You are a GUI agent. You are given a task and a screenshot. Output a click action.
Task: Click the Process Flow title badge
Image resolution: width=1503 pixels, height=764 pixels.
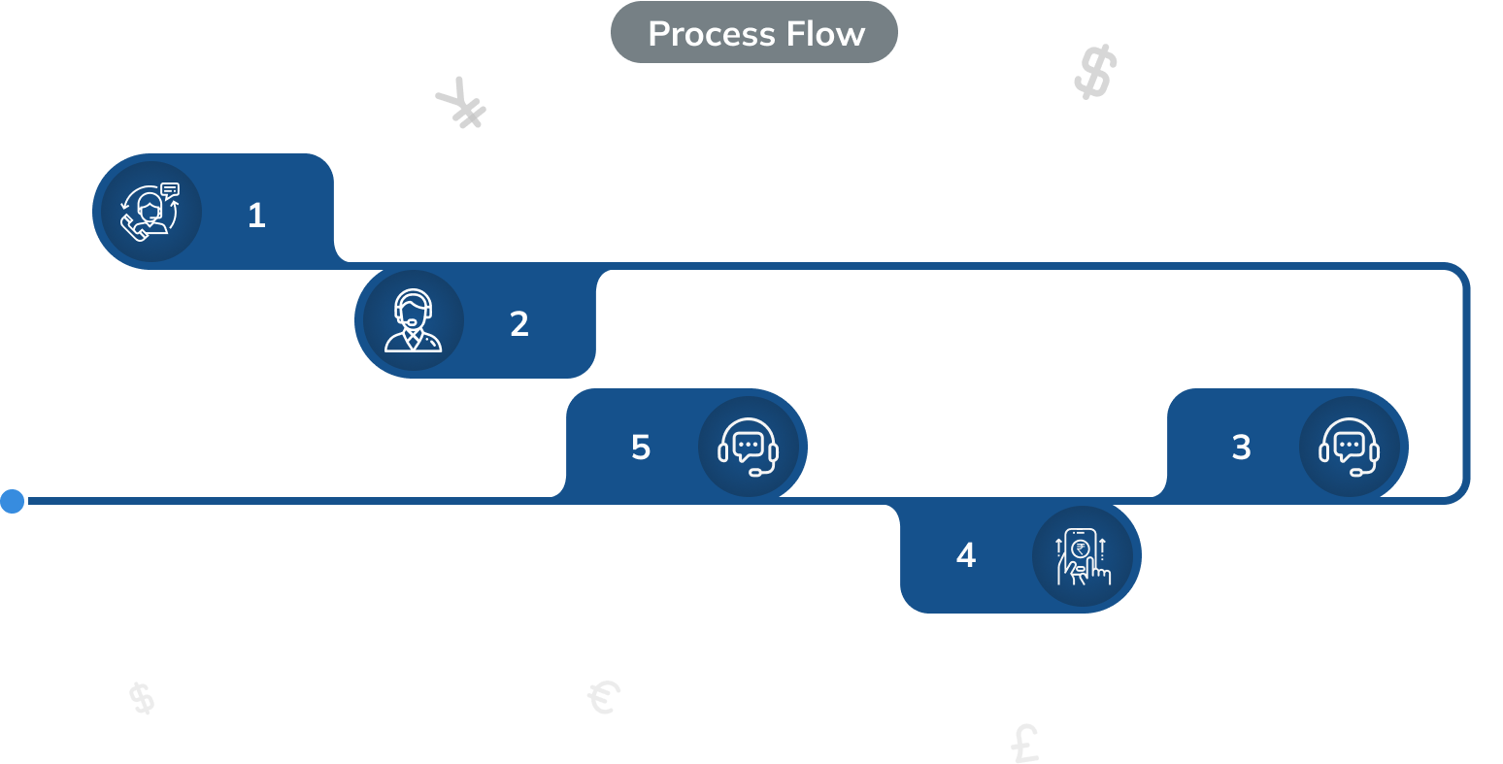tap(754, 33)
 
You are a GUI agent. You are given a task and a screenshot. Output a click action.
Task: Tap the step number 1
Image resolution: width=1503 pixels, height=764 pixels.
tap(256, 216)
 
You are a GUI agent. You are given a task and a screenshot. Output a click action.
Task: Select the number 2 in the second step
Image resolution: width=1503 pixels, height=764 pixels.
tap(519, 324)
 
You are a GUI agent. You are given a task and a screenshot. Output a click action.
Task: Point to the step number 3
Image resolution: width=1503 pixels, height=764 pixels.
tap(1241, 448)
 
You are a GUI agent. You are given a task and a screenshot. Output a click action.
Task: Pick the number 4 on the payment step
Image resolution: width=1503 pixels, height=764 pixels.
tap(965, 555)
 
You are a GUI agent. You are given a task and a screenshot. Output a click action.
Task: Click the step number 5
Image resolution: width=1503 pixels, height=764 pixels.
tap(641, 448)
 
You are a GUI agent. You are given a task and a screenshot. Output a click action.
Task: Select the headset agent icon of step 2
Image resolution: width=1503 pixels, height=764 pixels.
tap(412, 321)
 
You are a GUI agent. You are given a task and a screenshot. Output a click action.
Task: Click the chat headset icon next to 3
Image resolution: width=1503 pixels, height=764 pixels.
tap(1350, 448)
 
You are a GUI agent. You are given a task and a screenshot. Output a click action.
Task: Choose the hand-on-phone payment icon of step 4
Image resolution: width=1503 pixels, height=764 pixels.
tap(1082, 556)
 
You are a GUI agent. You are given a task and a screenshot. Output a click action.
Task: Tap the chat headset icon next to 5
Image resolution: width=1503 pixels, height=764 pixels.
tap(748, 448)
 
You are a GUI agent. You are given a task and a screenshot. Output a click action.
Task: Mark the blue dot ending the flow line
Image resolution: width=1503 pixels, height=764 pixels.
tap(13, 501)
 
